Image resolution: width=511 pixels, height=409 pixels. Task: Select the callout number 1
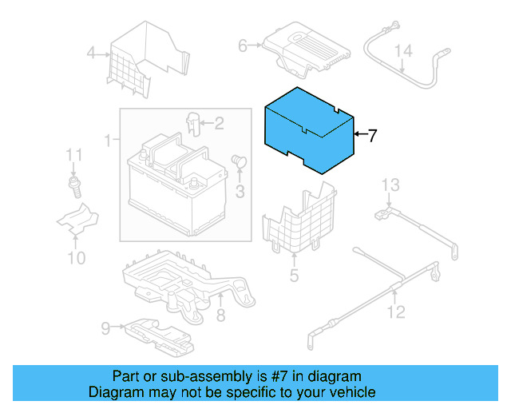(107, 141)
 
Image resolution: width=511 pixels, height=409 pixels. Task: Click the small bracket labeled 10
(77, 220)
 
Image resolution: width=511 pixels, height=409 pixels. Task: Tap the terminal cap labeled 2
(192, 125)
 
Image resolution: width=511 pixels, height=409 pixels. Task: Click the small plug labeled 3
(237, 162)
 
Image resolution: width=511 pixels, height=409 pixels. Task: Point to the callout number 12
(397, 312)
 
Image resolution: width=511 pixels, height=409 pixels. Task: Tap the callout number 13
(389, 186)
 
